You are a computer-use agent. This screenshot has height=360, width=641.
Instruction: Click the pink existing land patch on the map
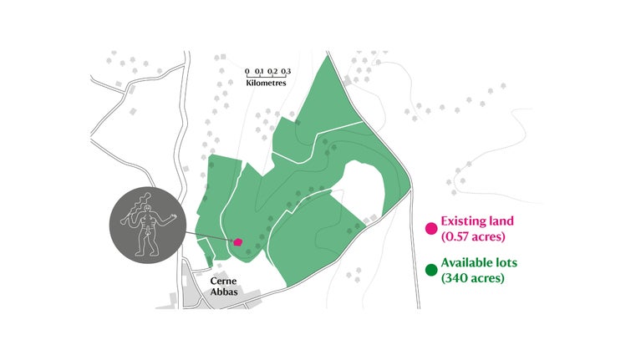[238, 241]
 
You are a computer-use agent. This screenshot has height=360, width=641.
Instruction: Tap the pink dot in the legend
[431, 228]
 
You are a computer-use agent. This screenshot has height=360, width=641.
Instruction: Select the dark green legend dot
[431, 269]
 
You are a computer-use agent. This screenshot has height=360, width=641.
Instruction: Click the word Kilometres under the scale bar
[267, 84]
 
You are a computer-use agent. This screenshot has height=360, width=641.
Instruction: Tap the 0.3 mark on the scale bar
[286, 72]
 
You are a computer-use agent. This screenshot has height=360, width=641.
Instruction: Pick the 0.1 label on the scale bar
[260, 72]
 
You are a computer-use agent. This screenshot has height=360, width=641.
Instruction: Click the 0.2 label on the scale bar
[273, 72]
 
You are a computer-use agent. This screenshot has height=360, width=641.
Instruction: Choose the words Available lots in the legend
[479, 262]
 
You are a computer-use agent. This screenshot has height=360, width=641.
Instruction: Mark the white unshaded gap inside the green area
[360, 189]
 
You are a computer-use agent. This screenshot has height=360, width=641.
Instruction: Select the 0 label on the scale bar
[247, 72]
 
